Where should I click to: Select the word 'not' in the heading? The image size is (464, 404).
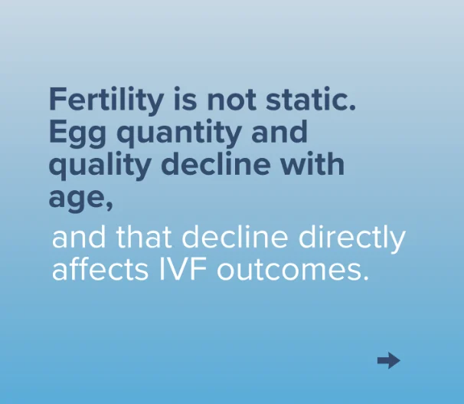click(x=231, y=100)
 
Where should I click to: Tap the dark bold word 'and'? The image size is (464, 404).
click(x=279, y=131)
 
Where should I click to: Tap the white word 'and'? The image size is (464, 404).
click(x=79, y=237)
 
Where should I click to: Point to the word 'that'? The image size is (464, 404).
click(x=144, y=237)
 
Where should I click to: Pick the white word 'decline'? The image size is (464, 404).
click(x=234, y=237)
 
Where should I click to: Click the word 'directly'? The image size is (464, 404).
click(x=351, y=240)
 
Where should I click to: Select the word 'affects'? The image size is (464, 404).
click(x=100, y=269)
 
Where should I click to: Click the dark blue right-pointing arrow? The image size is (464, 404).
click(x=388, y=360)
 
